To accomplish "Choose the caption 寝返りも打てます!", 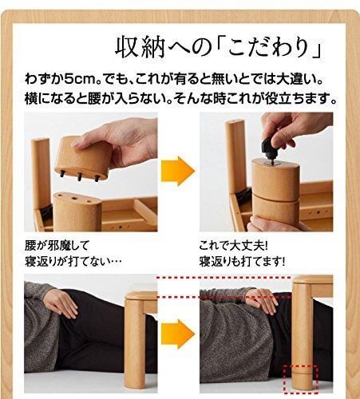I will pos(244,261).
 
